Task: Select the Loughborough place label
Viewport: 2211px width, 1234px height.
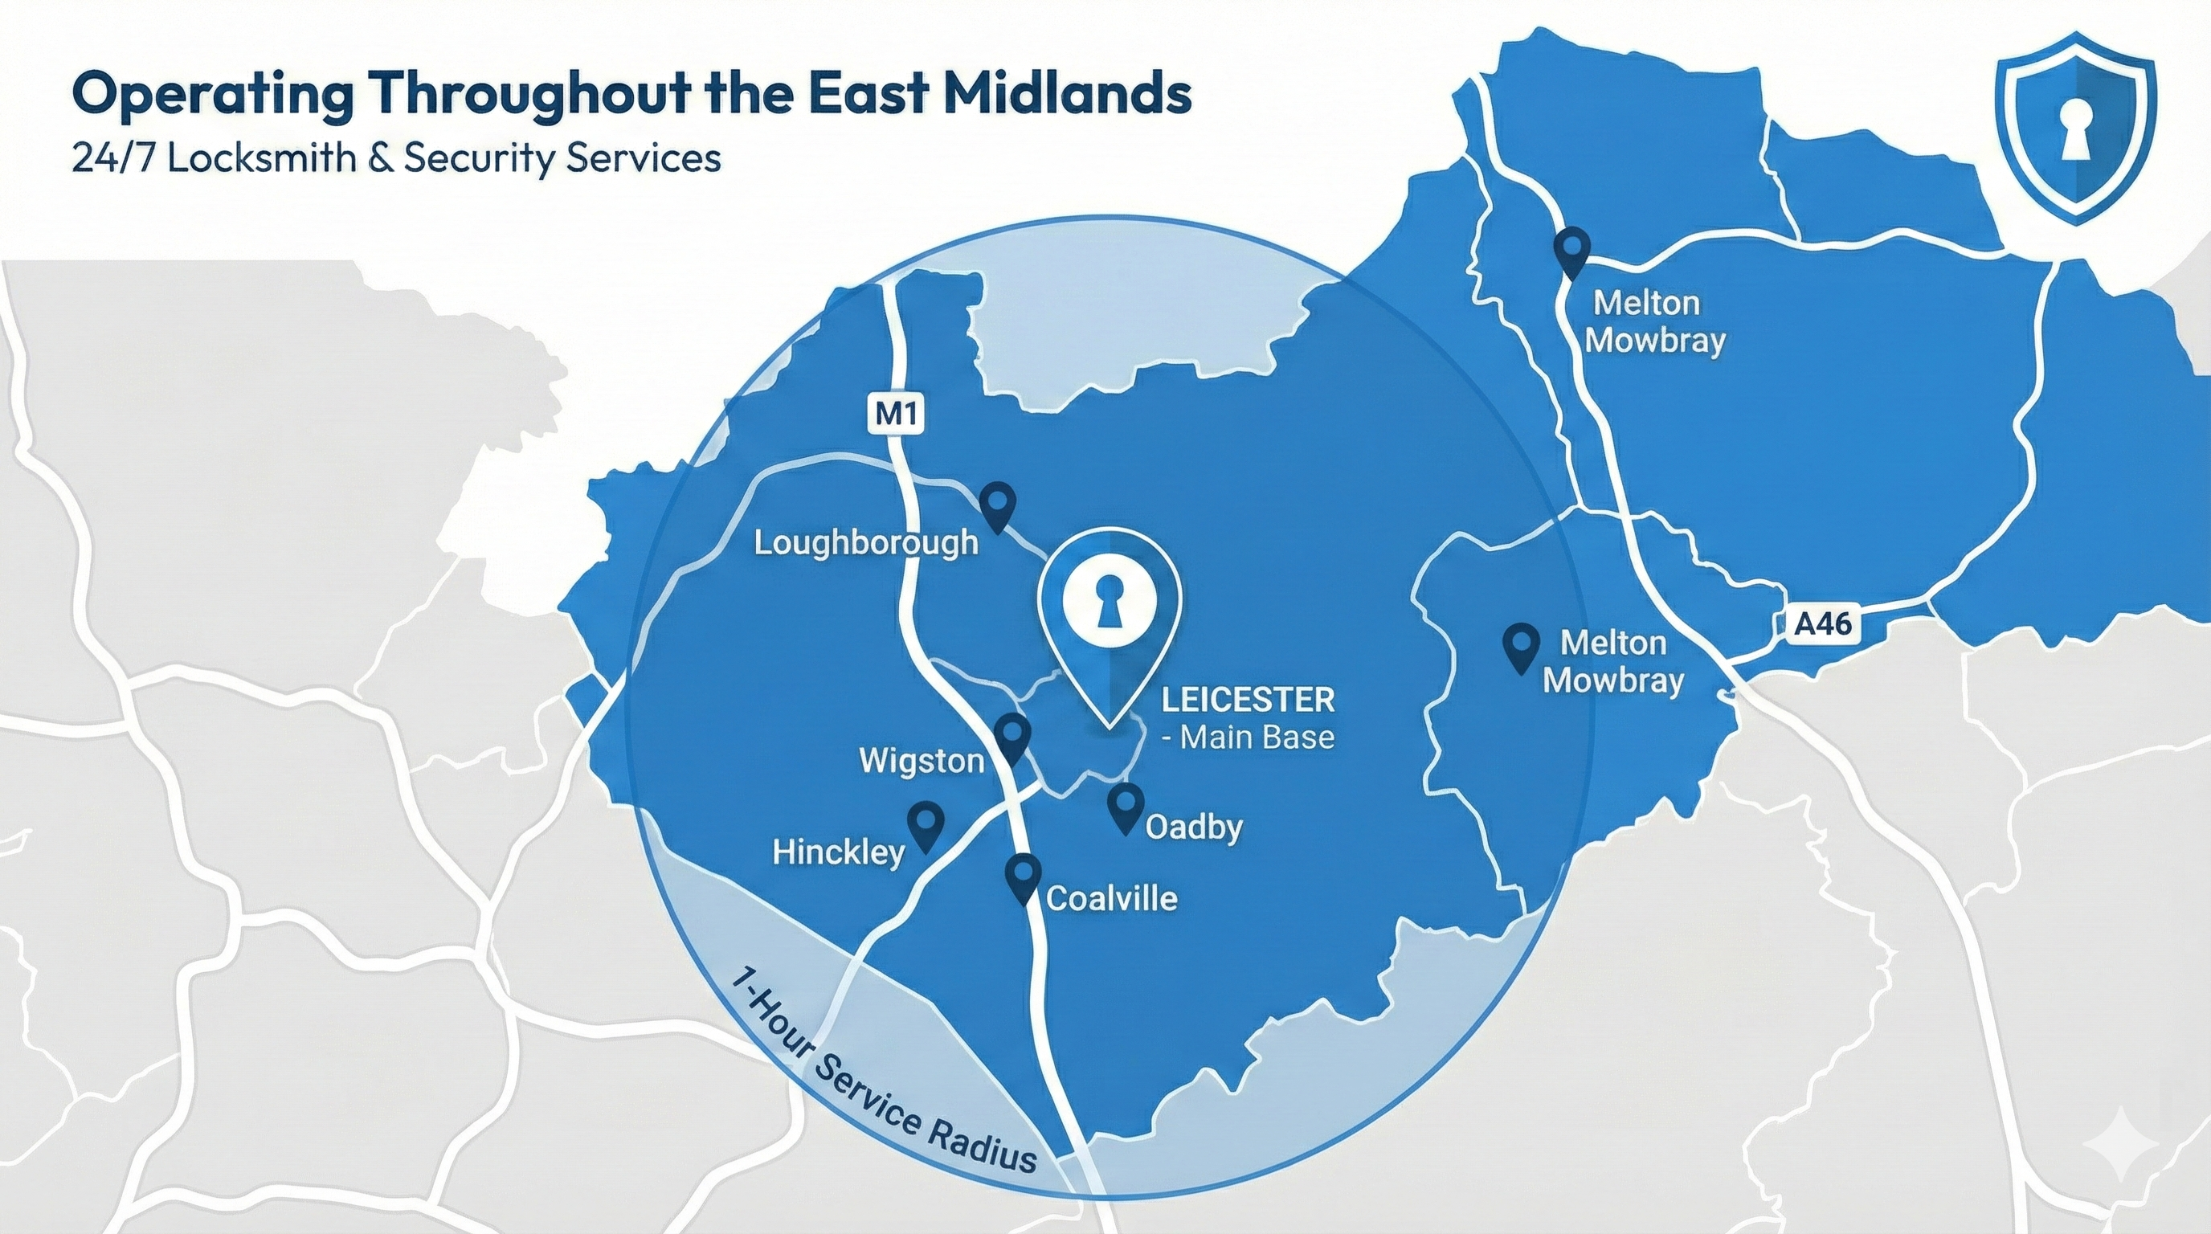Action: pyautogui.click(x=865, y=542)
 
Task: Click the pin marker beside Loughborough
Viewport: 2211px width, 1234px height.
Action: pyautogui.click(x=997, y=505)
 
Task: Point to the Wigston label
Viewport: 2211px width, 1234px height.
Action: pyautogui.click(x=921, y=761)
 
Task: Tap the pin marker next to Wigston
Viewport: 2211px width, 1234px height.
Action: pyautogui.click(x=1013, y=738)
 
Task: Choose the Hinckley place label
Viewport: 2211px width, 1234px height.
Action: pyautogui.click(x=839, y=852)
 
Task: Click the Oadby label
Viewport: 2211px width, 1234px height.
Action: pyautogui.click(x=1194, y=827)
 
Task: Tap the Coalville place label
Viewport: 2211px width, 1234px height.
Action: pyautogui.click(x=1111, y=898)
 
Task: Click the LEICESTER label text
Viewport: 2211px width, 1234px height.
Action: pyautogui.click(x=1248, y=701)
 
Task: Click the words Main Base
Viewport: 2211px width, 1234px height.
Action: pyautogui.click(x=1257, y=738)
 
